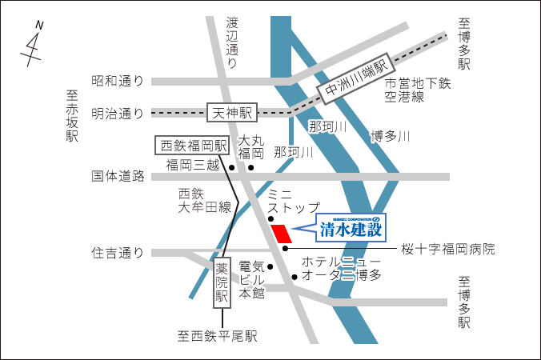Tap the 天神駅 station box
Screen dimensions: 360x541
pos(230,113)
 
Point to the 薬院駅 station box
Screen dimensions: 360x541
pos(222,282)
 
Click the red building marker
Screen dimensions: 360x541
pos(281,234)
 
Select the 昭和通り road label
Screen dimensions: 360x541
pos(118,81)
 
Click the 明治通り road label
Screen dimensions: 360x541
pos(118,113)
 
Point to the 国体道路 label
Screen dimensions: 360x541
pos(118,176)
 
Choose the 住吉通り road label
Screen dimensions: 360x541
pos(118,254)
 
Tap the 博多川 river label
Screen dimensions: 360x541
pos(390,136)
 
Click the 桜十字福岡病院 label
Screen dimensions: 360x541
pos(448,249)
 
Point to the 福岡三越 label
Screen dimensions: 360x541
pos(192,166)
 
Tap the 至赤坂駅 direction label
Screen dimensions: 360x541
pos(73,116)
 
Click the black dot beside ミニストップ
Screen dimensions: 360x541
pos(270,218)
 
